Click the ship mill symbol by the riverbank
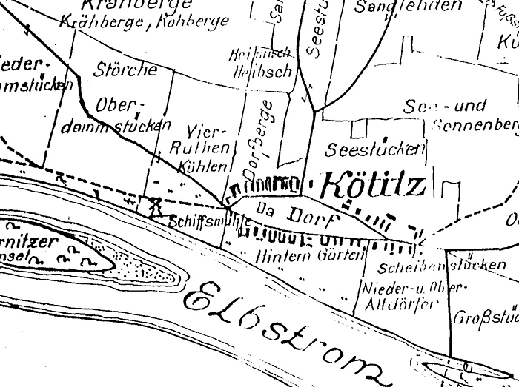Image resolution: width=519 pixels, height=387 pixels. point(156,206)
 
